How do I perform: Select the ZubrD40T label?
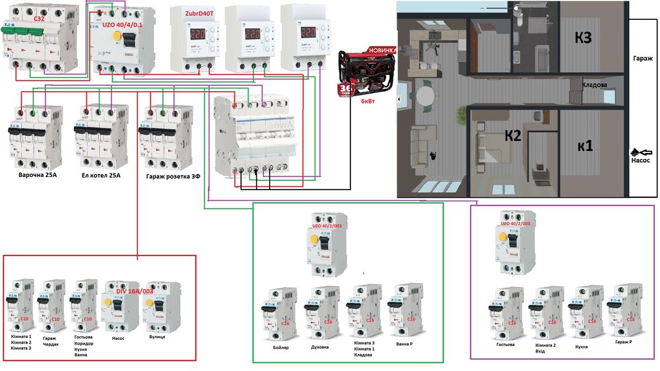point(187,12)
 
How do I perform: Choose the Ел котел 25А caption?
point(101,176)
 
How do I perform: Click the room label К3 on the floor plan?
point(583,38)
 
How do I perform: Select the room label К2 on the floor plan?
point(513,137)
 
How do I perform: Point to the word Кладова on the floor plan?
point(595,84)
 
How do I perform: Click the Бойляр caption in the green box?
point(280,347)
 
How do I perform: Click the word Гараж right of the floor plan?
point(642,58)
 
